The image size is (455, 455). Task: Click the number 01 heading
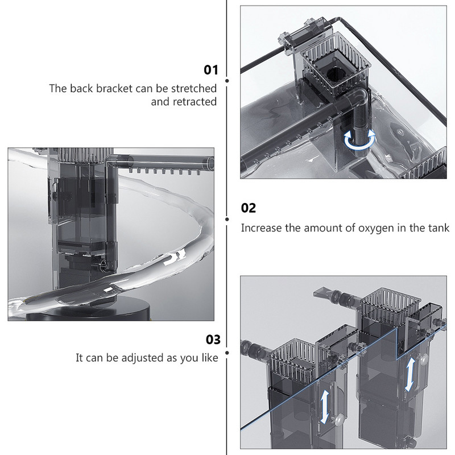tap(211, 71)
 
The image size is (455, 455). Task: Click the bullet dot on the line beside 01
tap(227, 81)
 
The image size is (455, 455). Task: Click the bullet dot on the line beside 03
tap(227, 353)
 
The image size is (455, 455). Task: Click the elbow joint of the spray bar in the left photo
tap(110, 164)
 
